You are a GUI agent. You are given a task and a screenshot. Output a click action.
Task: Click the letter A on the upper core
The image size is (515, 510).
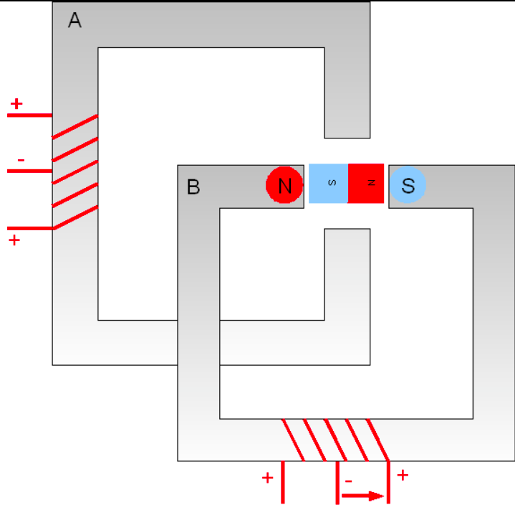pyautogui.click(x=74, y=20)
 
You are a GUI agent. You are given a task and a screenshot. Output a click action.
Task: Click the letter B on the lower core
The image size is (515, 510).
pyautogui.click(x=193, y=186)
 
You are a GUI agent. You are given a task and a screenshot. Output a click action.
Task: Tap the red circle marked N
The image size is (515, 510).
pyautogui.click(x=284, y=185)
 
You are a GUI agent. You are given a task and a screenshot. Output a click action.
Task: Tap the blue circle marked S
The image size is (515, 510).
pyautogui.click(x=408, y=185)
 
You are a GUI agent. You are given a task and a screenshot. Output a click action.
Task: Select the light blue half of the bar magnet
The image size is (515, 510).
pyautogui.click(x=329, y=184)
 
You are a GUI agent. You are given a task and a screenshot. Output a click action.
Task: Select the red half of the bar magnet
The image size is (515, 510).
pyautogui.click(x=366, y=184)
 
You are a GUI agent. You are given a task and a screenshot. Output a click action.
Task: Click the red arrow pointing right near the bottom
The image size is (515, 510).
pyautogui.click(x=363, y=496)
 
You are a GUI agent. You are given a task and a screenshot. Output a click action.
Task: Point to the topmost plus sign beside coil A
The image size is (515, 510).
pyautogui.click(x=16, y=103)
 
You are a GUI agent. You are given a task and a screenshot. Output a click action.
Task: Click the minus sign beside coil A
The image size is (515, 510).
pyautogui.click(x=21, y=160)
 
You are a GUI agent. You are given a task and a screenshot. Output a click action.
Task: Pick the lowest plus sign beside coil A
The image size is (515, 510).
pyautogui.click(x=14, y=240)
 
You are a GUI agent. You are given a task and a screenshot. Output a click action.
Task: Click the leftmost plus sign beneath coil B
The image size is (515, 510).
pyautogui.click(x=267, y=478)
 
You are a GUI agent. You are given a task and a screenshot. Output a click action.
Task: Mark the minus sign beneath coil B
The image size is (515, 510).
pyautogui.click(x=349, y=481)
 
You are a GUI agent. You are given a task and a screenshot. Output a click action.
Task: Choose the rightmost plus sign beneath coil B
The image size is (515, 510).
pyautogui.click(x=403, y=475)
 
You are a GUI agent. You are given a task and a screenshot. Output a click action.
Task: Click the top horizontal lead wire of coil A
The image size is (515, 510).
pyautogui.click(x=29, y=115)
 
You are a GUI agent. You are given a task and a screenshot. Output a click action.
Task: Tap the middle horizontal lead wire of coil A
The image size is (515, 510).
pyautogui.click(x=29, y=171)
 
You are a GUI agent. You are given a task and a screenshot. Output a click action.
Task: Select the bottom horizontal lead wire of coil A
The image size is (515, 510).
pyautogui.click(x=30, y=228)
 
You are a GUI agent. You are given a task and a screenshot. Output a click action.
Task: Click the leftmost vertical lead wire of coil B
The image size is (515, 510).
pyautogui.click(x=283, y=482)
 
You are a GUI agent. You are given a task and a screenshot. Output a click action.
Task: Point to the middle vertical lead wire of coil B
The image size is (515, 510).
pyautogui.click(x=337, y=482)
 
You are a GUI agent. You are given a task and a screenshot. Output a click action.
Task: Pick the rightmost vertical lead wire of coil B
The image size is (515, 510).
pyautogui.click(x=388, y=482)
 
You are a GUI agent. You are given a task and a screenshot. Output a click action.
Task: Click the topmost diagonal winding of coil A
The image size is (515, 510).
pyautogui.click(x=75, y=126)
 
